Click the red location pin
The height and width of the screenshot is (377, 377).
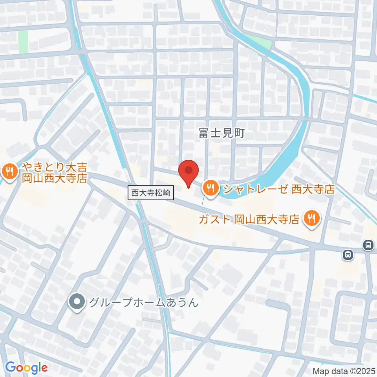click(188, 173)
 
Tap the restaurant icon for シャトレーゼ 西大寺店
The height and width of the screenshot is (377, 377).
click(211, 188)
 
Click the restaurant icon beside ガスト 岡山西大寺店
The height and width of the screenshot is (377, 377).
click(312, 218)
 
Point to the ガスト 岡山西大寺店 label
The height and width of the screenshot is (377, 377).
click(249, 219)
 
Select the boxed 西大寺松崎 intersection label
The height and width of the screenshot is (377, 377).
click(151, 193)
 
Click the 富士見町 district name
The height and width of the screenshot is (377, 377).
click(221, 133)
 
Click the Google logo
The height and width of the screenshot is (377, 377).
click(26, 368)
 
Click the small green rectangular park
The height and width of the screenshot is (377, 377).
click(23, 41)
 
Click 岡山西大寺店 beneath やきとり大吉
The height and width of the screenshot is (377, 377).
click(55, 179)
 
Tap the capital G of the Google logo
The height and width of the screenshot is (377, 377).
click(10, 367)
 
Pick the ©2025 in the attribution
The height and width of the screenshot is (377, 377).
click(362, 371)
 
